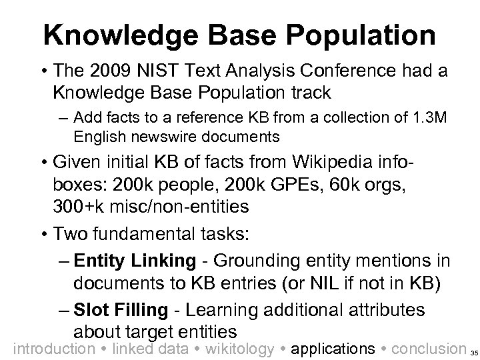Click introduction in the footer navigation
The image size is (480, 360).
point(55,348)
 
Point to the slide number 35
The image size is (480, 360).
point(473,351)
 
